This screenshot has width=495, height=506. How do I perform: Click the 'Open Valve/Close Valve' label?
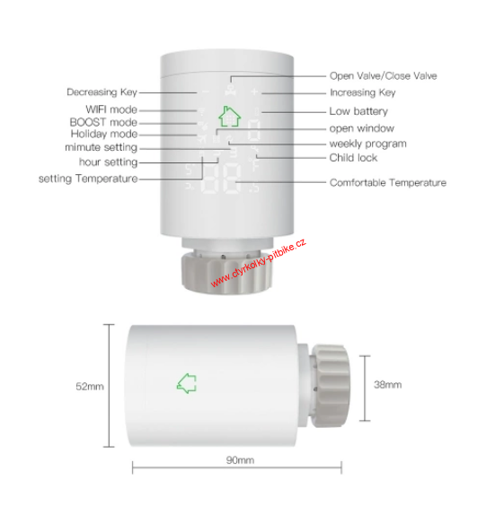(x=383, y=76)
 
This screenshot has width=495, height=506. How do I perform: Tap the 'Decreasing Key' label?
(x=103, y=92)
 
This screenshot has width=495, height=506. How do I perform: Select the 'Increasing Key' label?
(x=362, y=92)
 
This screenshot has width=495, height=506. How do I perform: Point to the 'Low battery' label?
(x=358, y=111)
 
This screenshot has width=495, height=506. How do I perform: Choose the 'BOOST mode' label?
(x=103, y=122)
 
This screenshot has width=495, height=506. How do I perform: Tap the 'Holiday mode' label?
(x=104, y=134)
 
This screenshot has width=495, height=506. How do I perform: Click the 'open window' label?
(x=361, y=128)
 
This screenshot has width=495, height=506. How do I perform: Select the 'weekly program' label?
(x=367, y=144)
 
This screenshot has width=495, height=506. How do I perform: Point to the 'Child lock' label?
(x=353, y=158)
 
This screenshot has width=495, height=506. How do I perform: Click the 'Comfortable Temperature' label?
(x=387, y=182)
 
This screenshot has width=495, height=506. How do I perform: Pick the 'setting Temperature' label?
(x=88, y=179)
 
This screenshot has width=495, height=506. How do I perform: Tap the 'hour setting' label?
(x=109, y=162)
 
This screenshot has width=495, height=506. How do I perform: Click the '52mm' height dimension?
(x=90, y=387)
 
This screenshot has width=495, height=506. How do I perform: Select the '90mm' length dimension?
(x=239, y=460)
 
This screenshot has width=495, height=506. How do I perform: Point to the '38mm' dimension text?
(x=387, y=384)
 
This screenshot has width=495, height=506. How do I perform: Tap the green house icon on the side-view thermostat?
(x=187, y=383)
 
